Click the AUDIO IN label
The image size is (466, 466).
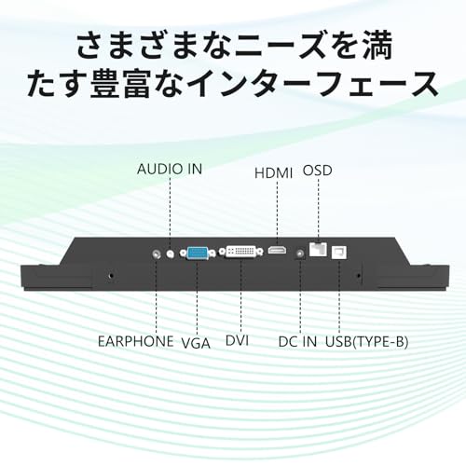[x=170, y=169]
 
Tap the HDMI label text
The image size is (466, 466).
[x=274, y=173]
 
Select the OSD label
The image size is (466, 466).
[x=318, y=171]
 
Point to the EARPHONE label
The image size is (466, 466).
[x=136, y=341]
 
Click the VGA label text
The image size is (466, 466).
[x=196, y=343]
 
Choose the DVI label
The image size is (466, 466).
[x=238, y=340]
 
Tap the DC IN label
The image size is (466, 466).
[x=297, y=342]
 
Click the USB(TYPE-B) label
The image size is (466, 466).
[x=366, y=342]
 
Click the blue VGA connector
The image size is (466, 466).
[x=198, y=253]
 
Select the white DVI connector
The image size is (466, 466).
[x=241, y=252]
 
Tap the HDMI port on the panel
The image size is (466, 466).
[x=277, y=250]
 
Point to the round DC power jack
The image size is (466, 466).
[x=300, y=254]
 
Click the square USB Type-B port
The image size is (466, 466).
[x=339, y=253]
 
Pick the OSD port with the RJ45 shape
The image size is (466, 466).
[x=318, y=249]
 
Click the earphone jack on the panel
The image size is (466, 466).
[x=157, y=254]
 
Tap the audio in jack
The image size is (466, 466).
[x=170, y=254]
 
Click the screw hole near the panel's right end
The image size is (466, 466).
[x=359, y=275]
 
